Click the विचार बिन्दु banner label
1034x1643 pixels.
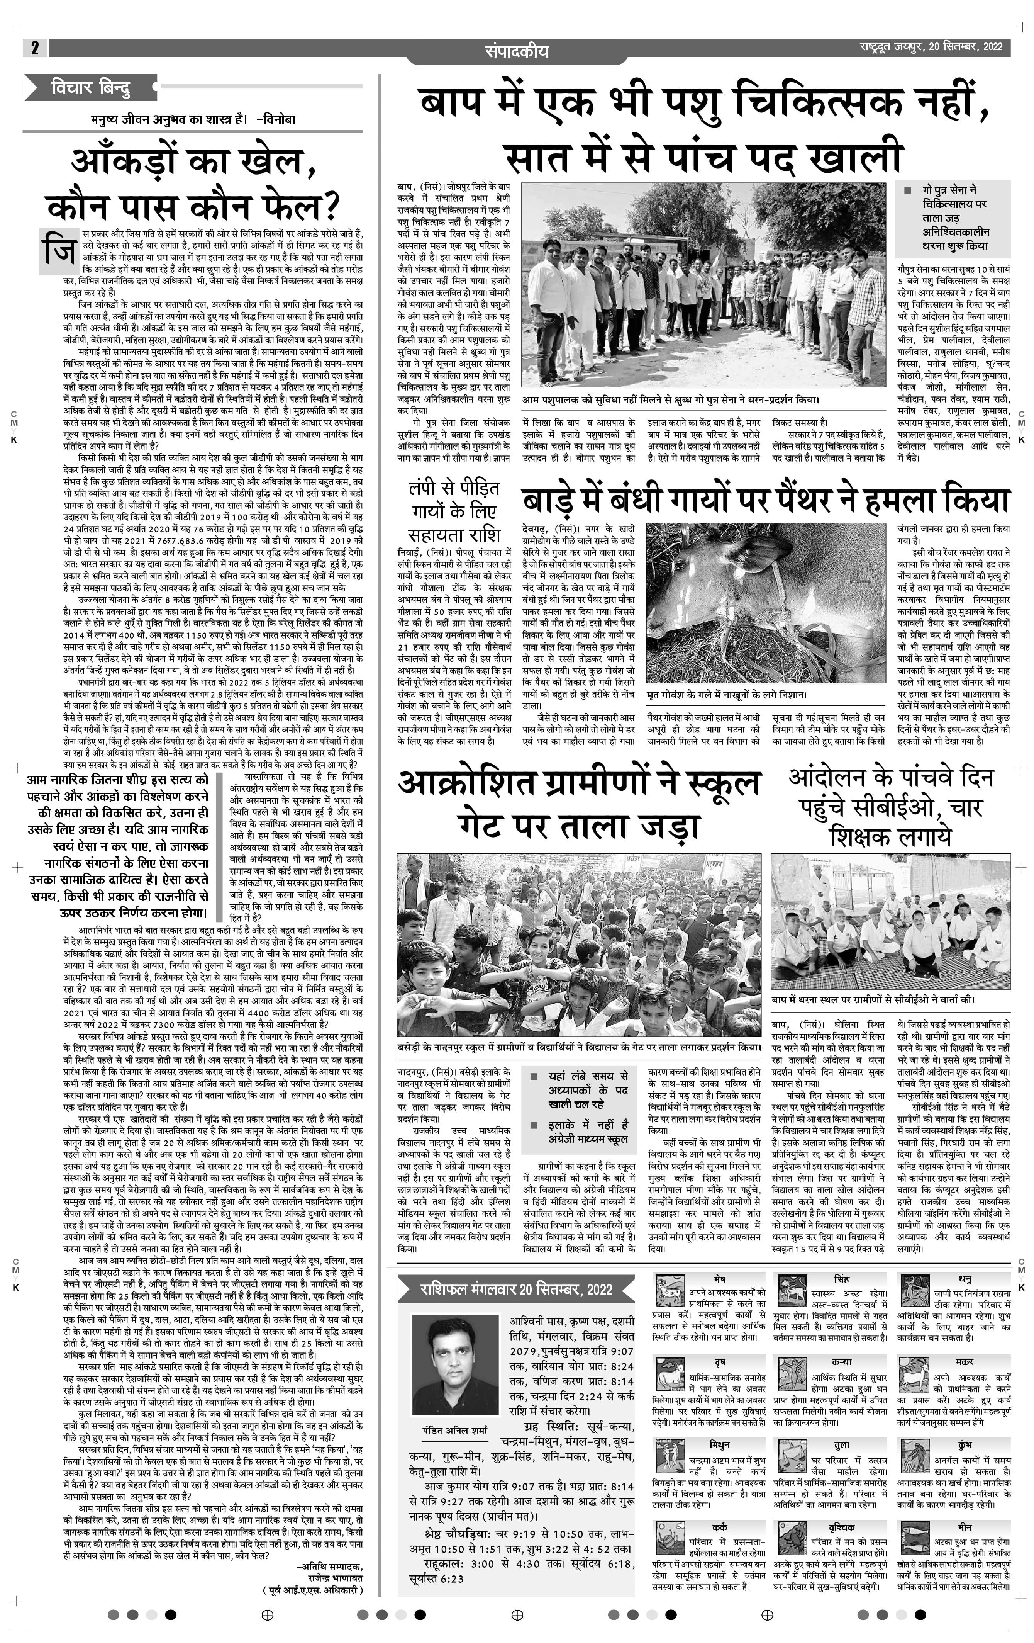91,87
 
